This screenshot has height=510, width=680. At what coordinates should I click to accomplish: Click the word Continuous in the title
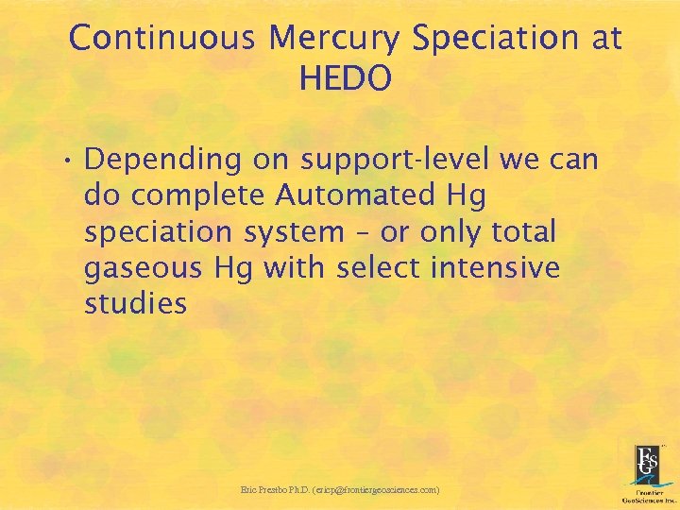point(162,39)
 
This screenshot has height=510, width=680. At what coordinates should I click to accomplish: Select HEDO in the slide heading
point(345,79)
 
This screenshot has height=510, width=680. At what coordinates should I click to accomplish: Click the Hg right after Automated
point(468,195)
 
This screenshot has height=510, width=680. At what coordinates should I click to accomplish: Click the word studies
point(135,304)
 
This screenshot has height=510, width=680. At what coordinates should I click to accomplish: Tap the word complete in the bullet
point(201,196)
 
